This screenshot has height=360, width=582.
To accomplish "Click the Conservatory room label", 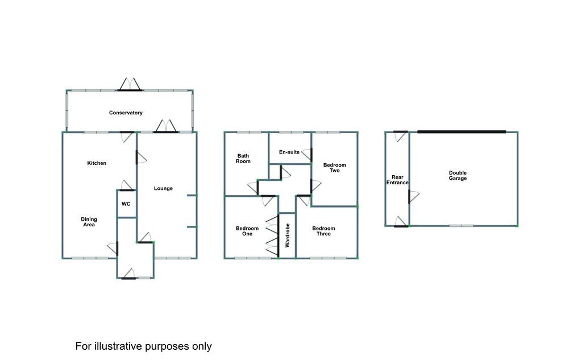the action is coord(126,113).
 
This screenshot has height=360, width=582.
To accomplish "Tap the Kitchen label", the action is coord(97,163).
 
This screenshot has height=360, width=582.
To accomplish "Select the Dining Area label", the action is coord(89,222).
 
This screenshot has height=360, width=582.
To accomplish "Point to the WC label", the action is coord(126,204).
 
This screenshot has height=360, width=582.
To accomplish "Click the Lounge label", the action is coord(163,188).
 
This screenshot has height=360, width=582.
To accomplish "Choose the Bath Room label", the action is coord(243,159).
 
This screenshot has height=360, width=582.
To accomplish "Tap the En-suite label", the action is coord(289,152).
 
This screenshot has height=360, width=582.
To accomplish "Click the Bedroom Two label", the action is coord(334,168).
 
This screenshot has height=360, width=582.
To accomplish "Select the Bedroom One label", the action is coord(247,231).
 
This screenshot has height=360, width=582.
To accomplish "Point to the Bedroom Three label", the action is coord(323,231).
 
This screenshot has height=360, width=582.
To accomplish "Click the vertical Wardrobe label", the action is coord(287,235).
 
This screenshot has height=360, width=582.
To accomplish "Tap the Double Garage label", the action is coord(458,175).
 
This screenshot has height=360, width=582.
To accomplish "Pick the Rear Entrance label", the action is coord(397,180).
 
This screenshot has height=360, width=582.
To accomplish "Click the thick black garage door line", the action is coord(462,131).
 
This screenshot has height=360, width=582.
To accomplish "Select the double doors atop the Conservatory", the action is coord(130,85).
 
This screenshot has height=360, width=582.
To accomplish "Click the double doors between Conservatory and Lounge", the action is coord(165,126).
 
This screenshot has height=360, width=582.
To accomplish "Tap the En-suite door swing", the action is coord(306,154).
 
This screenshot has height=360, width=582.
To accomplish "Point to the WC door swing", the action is coord(126,185).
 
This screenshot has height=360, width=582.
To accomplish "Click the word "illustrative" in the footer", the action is coord(118,346).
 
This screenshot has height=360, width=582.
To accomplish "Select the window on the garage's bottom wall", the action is coord(462,226).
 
